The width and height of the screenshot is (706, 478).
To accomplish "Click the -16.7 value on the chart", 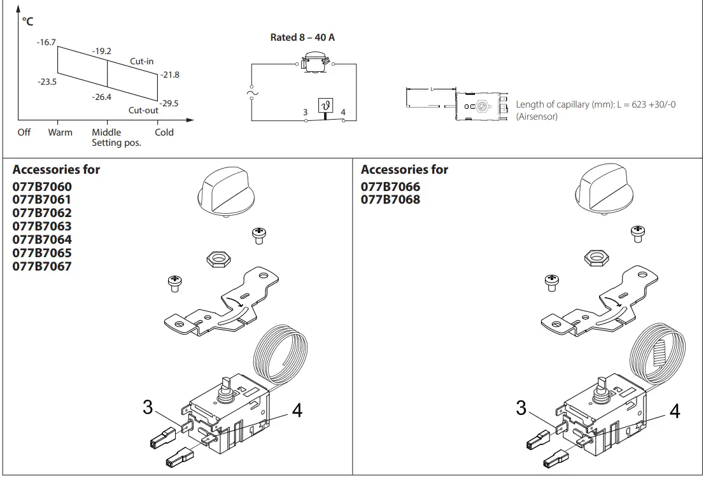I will click(47, 43).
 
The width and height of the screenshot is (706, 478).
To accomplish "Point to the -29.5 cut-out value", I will click(169, 103).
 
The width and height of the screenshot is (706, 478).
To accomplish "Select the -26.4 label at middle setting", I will click(102, 97).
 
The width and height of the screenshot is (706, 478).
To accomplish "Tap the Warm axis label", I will click(60, 132).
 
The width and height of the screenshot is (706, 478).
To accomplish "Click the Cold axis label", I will click(164, 132).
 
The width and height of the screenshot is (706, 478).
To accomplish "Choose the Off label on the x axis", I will click(24, 132).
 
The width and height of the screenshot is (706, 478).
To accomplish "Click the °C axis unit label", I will click(27, 22).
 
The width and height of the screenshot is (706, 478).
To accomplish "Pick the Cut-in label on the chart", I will click(141, 61).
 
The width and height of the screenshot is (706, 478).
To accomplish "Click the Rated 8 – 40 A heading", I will click(302, 38).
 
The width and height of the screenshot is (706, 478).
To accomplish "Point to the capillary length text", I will click(595, 104).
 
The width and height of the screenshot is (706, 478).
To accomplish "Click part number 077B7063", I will click(42, 227).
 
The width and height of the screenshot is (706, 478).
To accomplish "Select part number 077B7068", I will click(390, 200).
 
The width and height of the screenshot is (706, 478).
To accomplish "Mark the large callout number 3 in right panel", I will click(521, 407).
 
